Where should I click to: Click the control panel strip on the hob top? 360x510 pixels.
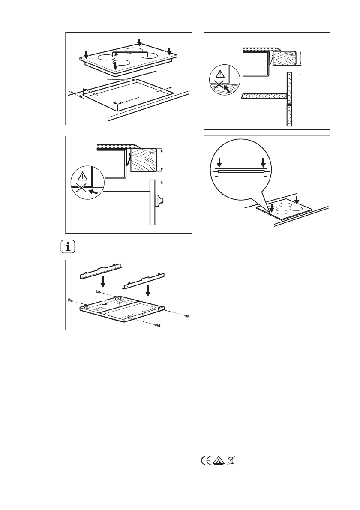click(129, 54)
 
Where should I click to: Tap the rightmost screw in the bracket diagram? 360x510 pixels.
click(186, 316)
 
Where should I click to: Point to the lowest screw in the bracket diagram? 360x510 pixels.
click(159, 326)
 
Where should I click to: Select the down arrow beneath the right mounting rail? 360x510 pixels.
click(148, 291)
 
